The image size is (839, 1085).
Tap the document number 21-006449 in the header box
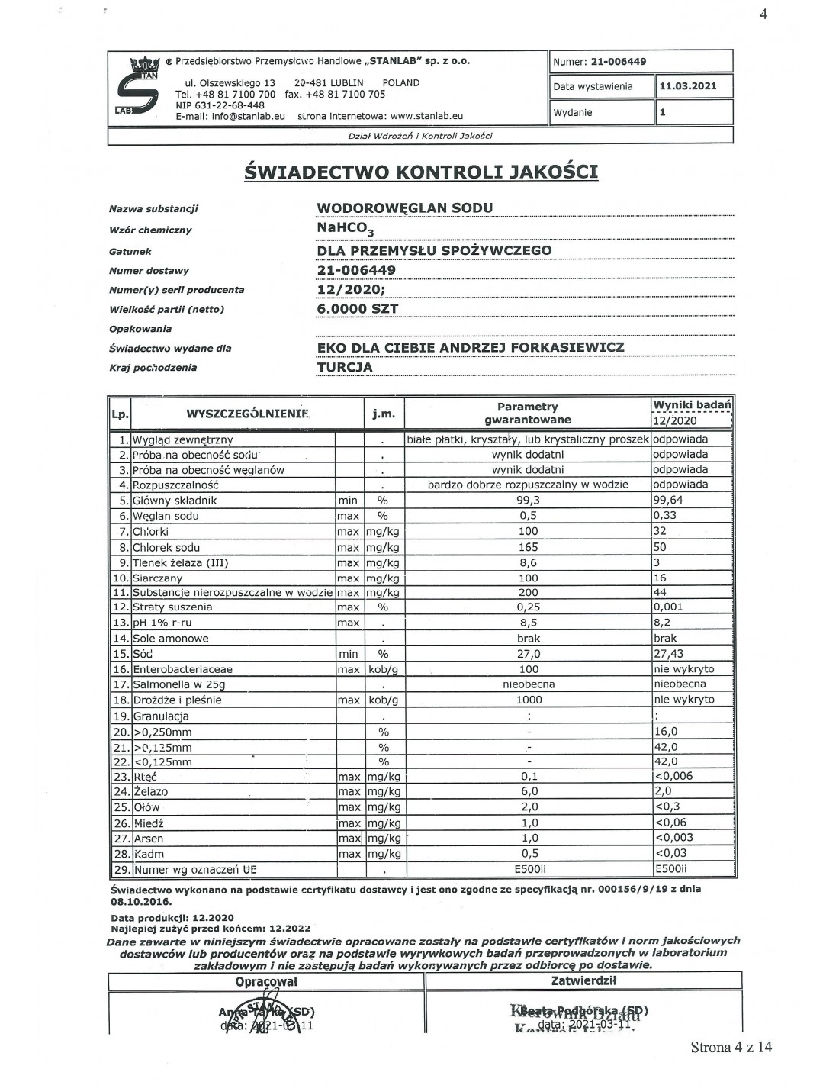(x=619, y=62)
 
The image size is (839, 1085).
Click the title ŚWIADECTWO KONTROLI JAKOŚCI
(x=420, y=172)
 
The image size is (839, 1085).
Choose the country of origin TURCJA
(x=345, y=367)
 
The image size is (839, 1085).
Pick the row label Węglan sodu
(x=166, y=516)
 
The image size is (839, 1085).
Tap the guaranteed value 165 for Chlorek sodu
(x=528, y=547)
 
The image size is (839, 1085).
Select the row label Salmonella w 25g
(x=179, y=684)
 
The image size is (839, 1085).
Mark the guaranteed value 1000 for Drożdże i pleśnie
(x=529, y=700)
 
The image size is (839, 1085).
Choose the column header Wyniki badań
(x=692, y=404)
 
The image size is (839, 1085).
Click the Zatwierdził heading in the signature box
(x=583, y=981)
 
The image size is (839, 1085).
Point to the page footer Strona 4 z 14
(x=731, y=1047)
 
